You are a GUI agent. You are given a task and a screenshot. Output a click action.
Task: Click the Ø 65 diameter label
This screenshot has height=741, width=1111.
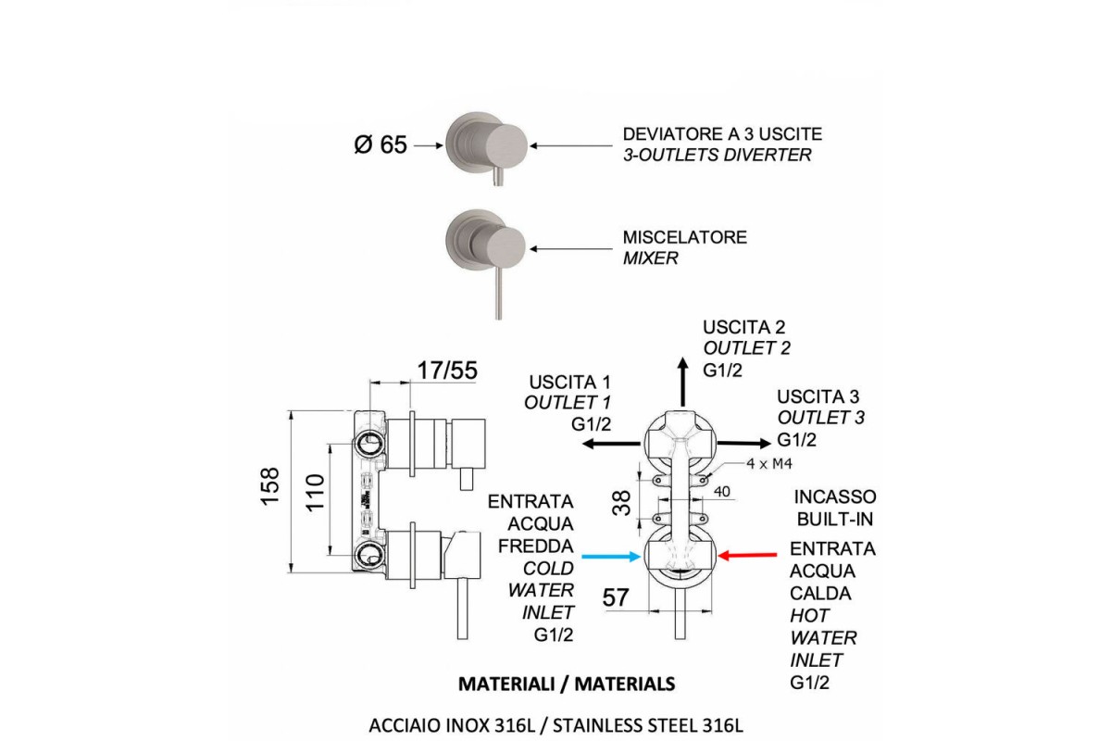[x=381, y=145]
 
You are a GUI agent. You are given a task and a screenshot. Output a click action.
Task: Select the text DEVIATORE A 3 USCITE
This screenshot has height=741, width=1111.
[x=722, y=134]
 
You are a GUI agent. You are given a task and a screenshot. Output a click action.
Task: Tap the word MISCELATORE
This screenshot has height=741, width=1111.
[x=684, y=238]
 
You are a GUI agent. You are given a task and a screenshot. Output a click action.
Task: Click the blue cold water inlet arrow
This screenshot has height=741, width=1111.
[x=607, y=557]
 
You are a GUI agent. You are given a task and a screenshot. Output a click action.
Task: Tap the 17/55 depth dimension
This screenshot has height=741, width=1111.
[x=446, y=371]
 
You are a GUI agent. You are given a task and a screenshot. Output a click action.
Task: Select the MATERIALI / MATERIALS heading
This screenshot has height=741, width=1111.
[x=567, y=684]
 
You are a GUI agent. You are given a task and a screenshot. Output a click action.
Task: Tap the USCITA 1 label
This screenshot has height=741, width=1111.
[x=570, y=383]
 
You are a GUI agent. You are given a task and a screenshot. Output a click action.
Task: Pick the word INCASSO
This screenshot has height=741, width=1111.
[x=836, y=497]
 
